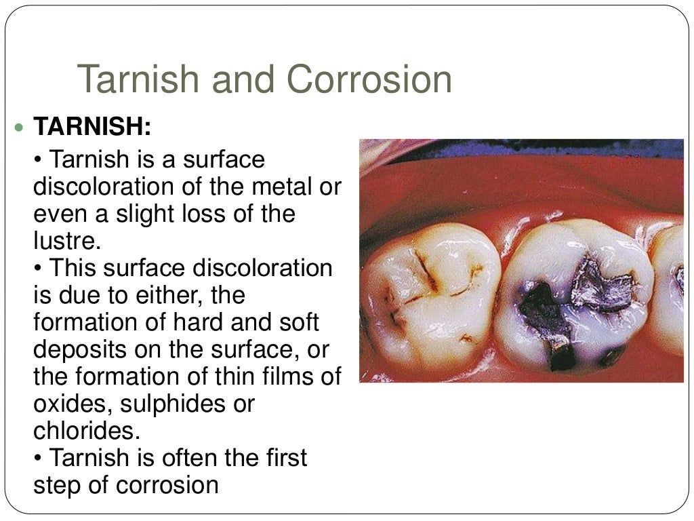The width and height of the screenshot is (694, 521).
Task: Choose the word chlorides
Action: [80, 431]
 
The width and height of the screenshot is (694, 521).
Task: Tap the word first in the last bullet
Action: [283, 459]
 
